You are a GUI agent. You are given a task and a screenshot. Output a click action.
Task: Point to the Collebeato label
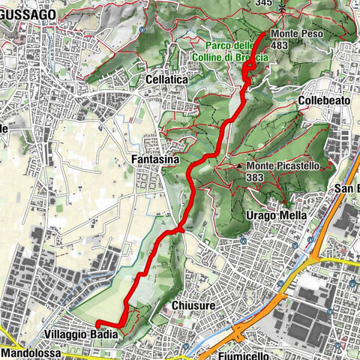[x=320, y=100]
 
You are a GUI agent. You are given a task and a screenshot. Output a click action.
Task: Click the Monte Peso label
[x=292, y=34]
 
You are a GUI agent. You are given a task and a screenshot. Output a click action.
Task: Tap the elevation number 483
[x=280, y=46]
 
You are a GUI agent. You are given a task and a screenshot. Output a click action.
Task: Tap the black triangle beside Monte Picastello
[x=239, y=166]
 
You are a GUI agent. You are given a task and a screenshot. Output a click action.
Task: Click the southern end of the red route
[x=98, y=322]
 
